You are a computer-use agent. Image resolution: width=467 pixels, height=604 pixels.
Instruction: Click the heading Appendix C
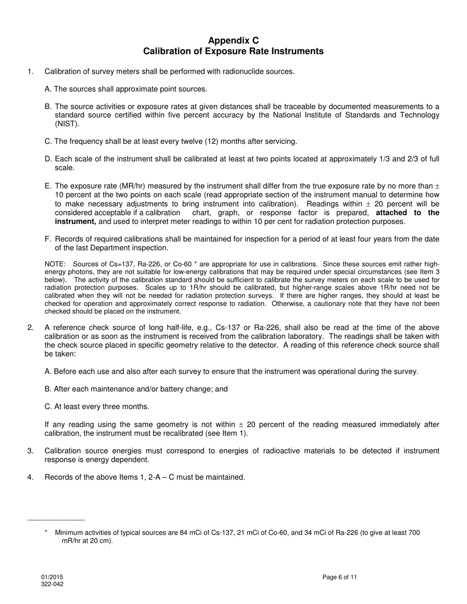[x=233, y=40]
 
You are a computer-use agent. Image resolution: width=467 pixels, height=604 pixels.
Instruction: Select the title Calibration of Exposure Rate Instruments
[x=233, y=51]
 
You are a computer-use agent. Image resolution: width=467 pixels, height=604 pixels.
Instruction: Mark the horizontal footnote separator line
[x=56, y=520]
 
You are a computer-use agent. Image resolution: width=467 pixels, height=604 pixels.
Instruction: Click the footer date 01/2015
[x=52, y=577]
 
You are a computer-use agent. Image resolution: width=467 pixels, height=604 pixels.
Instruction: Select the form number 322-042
[x=52, y=584]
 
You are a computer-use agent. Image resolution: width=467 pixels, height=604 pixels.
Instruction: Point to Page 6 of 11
[x=340, y=577]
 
